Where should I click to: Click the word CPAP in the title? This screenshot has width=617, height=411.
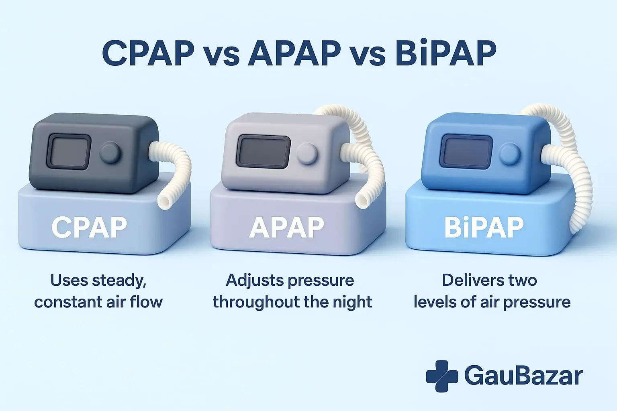click(x=148, y=53)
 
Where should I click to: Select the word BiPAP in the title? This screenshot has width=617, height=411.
click(x=445, y=53)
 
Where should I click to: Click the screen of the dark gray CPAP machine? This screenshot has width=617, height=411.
click(x=69, y=152)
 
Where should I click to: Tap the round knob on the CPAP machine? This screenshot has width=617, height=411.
click(x=110, y=153)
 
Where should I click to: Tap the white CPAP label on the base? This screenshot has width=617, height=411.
click(x=89, y=227)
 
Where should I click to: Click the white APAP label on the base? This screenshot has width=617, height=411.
click(x=286, y=227)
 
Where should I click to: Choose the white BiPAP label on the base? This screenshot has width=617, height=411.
click(x=484, y=227)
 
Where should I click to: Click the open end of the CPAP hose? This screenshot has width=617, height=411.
click(x=165, y=201)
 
